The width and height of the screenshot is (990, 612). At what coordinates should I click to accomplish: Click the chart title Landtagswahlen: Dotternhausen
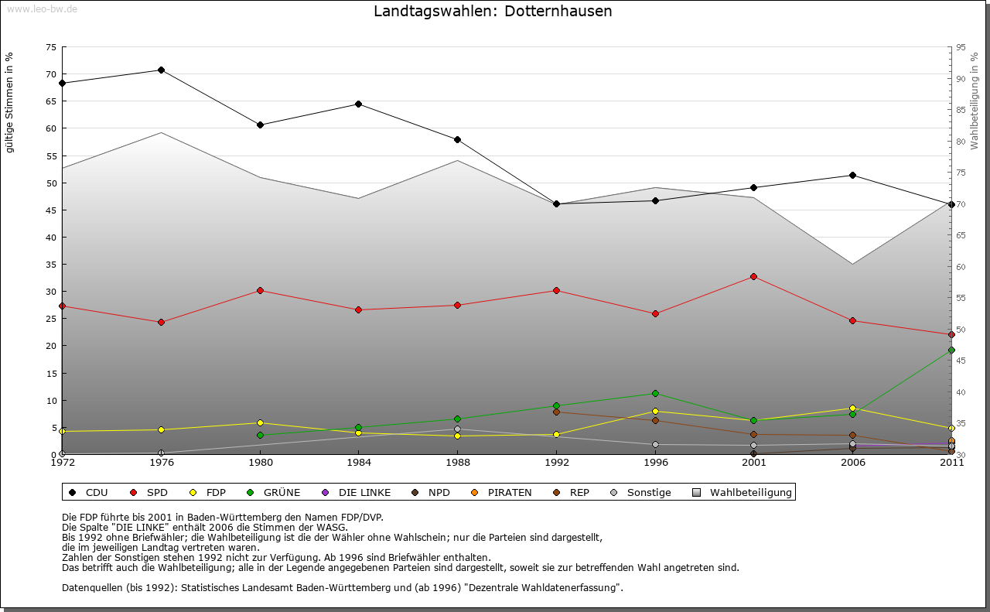click(493, 12)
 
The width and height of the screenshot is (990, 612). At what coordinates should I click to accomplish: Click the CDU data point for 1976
click(161, 70)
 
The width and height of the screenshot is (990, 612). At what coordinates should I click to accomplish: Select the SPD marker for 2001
click(754, 276)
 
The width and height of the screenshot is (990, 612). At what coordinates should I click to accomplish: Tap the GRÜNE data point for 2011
click(951, 350)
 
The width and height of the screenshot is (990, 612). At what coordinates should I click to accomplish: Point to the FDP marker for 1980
click(260, 423)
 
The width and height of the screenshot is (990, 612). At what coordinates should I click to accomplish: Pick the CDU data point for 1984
click(358, 104)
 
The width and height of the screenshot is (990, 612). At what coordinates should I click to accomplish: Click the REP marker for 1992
click(556, 412)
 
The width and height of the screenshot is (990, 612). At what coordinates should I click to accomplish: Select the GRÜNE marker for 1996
click(655, 394)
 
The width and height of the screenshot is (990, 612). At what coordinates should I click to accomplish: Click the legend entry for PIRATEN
click(509, 492)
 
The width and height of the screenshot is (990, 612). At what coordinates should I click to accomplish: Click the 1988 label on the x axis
click(457, 463)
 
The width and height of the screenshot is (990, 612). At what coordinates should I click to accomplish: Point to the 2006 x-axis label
click(852, 463)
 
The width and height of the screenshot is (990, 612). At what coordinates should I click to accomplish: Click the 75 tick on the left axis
click(51, 47)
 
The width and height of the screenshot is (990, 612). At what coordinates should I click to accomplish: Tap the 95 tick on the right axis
click(961, 47)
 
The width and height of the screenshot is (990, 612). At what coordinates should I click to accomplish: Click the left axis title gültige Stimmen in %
click(10, 102)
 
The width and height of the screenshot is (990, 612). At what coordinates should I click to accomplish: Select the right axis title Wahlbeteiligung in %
click(974, 101)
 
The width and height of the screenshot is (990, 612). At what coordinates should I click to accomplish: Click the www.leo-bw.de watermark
click(42, 9)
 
